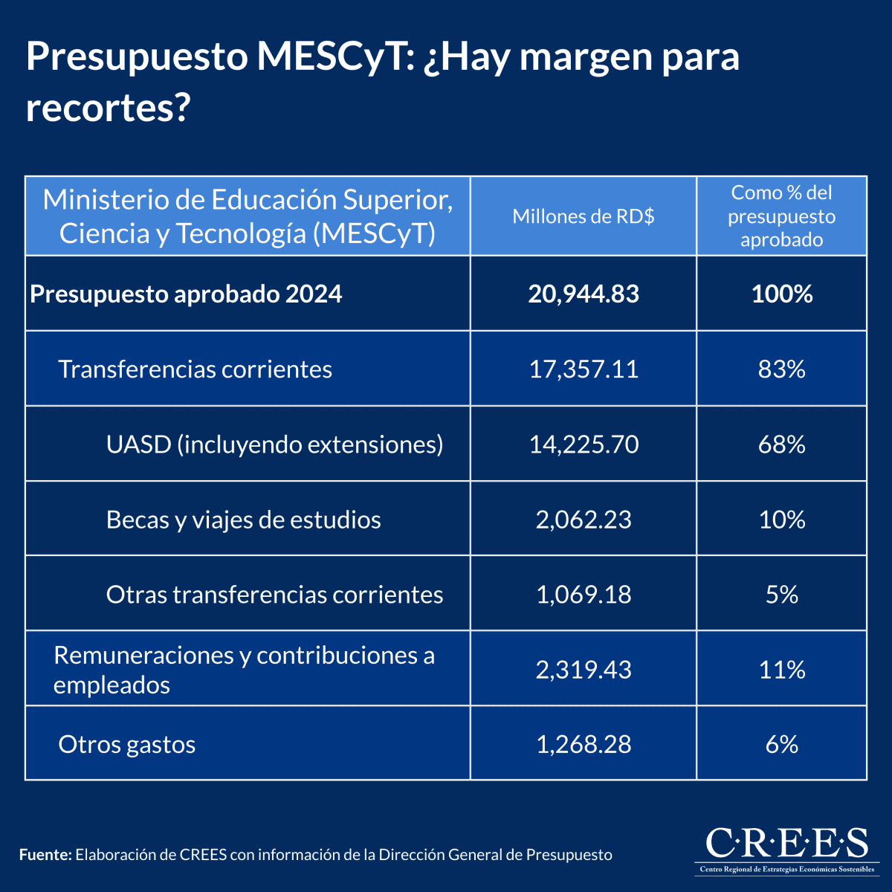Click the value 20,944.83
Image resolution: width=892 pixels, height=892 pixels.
[584, 294]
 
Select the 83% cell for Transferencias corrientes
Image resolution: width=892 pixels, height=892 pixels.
[781, 369]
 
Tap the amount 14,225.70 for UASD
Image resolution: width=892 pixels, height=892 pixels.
[584, 444]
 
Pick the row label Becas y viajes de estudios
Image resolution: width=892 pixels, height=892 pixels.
[243, 519]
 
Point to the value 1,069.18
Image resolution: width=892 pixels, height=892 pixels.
[584, 594]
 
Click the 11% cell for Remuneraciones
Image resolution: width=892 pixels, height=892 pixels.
[781, 669]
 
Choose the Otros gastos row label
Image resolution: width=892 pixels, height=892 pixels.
[127, 744]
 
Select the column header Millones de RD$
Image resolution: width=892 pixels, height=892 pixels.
[584, 216]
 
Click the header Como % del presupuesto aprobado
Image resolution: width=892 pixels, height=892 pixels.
[781, 216]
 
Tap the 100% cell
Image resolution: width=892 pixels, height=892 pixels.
[781, 294]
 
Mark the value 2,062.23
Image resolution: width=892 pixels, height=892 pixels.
[584, 519]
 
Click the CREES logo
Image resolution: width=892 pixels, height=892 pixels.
[785, 849]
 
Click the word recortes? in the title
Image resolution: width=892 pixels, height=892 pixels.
[109, 109]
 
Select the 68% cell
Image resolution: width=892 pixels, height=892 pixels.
[781, 444]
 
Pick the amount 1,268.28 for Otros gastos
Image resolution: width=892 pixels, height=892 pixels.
[584, 744]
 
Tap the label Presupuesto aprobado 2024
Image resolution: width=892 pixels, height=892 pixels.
[186, 294]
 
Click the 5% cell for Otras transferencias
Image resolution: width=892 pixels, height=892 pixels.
[781, 594]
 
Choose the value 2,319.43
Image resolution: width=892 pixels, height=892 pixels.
[584, 669]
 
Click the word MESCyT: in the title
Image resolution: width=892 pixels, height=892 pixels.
[334, 56]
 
